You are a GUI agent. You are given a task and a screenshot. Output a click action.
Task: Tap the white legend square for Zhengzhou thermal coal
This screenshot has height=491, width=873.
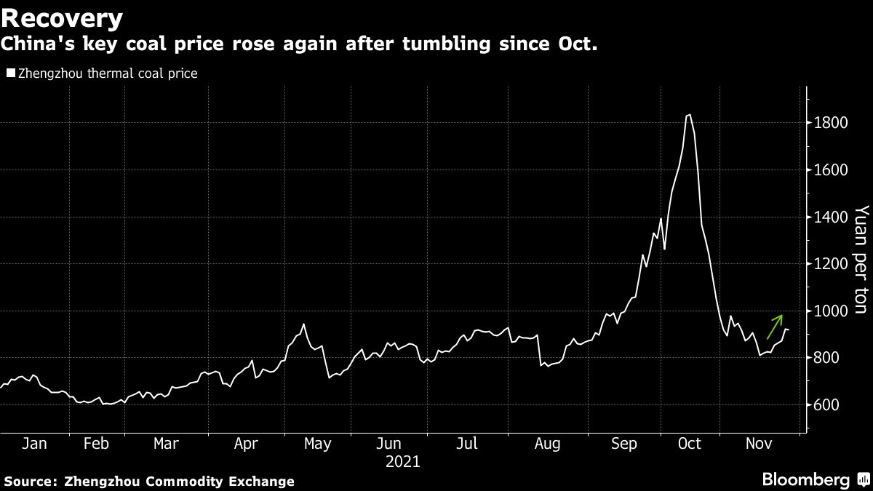coord(9,73)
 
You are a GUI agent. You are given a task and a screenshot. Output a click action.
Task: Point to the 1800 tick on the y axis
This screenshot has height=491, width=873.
coord(830,123)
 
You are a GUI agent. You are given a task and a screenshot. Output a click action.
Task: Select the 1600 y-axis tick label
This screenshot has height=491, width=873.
coord(830,170)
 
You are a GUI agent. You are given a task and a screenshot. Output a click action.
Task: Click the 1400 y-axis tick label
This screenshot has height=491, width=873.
coord(830,217)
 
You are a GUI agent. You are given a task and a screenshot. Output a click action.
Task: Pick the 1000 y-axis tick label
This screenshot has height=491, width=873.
coord(830,311)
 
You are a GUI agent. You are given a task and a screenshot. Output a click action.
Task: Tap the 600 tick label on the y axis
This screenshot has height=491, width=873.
coord(826,405)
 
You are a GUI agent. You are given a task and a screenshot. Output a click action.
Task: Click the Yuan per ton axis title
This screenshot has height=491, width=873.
coord(861,260)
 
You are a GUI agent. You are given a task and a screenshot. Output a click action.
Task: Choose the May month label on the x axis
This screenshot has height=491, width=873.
coord(317,444)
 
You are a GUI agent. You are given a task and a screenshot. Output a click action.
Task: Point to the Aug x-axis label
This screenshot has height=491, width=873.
coord(547,444)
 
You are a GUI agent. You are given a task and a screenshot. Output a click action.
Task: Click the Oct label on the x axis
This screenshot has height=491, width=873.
coord(688,444)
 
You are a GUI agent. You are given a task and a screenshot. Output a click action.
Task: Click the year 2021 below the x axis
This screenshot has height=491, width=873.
coord(402,461)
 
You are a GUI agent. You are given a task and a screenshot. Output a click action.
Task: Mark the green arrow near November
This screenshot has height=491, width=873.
coord(775,327)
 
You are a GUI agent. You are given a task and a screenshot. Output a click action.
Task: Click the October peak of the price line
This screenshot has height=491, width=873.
coord(688,115)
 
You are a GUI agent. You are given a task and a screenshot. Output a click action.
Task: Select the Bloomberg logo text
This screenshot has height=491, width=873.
coord(806,480)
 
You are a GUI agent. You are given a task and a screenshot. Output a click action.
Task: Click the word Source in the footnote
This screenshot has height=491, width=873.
coord(30,482)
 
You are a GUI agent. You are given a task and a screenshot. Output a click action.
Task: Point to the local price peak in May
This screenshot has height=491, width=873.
coord(303,324)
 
